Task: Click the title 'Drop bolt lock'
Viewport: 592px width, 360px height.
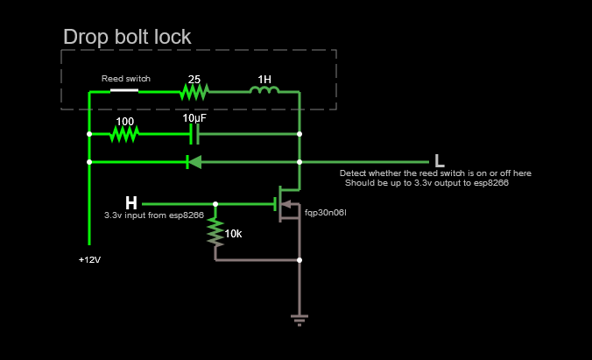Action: click(127, 37)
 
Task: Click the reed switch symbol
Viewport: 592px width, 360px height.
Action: click(124, 90)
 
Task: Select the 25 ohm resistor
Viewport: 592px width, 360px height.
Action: click(195, 90)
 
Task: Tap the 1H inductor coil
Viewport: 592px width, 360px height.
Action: click(265, 90)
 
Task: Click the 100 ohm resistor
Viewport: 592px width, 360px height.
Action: click(125, 134)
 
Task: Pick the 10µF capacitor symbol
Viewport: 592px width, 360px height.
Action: click(195, 134)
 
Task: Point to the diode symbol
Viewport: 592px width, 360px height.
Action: click(194, 161)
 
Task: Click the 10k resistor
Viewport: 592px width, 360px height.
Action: click(215, 232)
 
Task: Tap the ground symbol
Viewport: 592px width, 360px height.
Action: click(300, 320)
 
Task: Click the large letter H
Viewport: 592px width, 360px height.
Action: click(131, 203)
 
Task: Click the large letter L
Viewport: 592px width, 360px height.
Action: click(440, 161)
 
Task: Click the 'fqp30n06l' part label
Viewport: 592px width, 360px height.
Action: click(327, 212)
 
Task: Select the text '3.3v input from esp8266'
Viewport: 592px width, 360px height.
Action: click(154, 215)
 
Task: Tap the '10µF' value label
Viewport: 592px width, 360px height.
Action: click(195, 118)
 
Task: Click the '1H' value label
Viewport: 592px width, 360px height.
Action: click(264, 78)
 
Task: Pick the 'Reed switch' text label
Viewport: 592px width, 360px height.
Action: click(125, 79)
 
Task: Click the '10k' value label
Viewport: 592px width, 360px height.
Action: click(233, 234)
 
